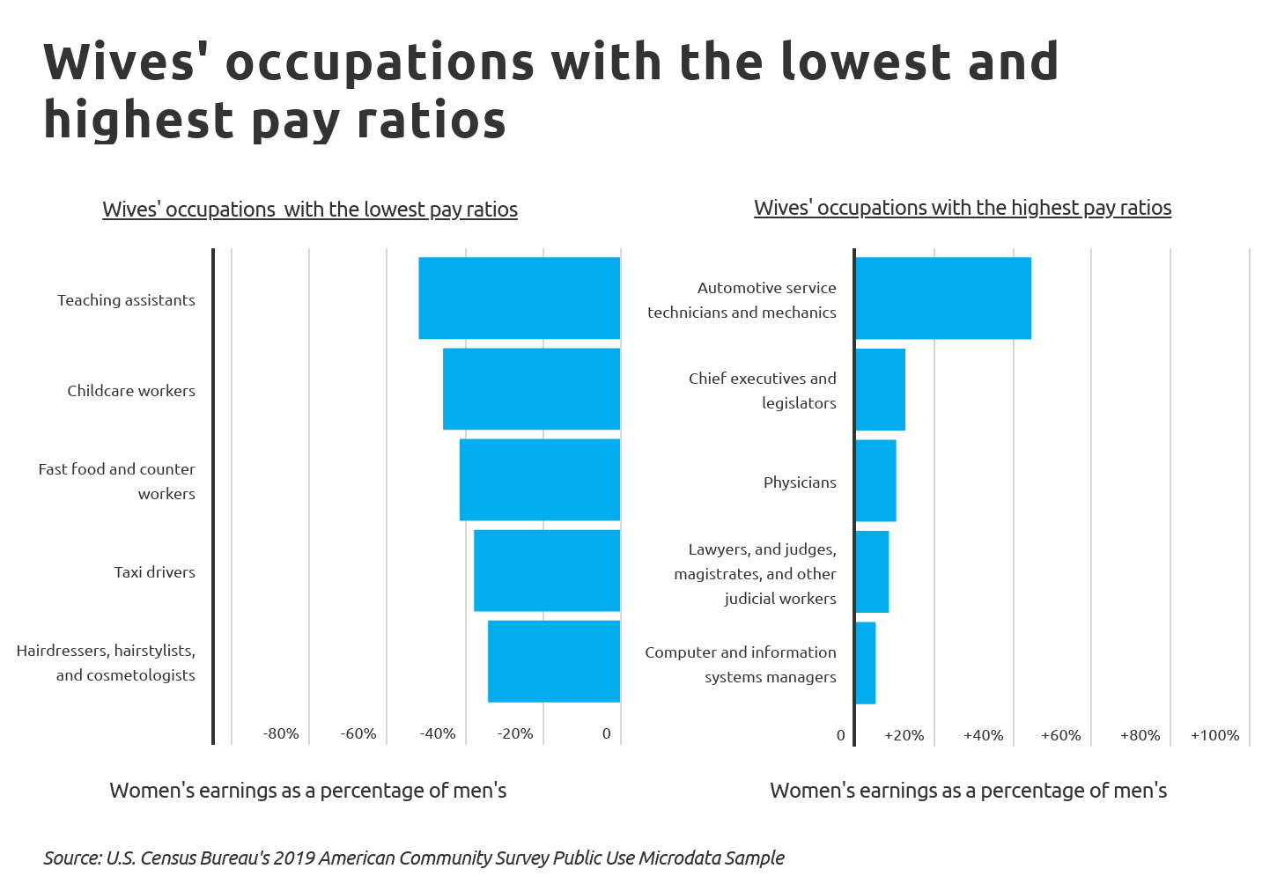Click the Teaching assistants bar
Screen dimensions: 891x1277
tap(519, 298)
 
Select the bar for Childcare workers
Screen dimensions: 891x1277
tap(531, 388)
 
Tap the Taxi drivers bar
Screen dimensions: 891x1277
tap(547, 570)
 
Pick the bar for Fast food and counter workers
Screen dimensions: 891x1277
tap(540, 479)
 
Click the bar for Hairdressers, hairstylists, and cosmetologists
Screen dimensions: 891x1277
tap(554, 660)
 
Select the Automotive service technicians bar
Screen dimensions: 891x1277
tap(943, 298)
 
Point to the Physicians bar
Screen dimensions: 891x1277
tap(875, 480)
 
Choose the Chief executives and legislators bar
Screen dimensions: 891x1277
tap(880, 389)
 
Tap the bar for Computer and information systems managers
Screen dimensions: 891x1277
tap(866, 662)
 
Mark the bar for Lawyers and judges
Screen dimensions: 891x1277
tap(872, 571)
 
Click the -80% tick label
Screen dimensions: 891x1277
tap(281, 733)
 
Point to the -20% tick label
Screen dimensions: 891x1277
tap(515, 733)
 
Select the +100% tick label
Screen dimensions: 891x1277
tap(1214, 735)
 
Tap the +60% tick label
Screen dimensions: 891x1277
tap(1060, 735)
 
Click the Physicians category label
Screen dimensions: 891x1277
tap(800, 482)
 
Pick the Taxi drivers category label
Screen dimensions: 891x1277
tap(154, 572)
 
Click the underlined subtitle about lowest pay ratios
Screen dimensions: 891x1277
tap(310, 210)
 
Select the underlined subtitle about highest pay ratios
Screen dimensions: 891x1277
tap(963, 208)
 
